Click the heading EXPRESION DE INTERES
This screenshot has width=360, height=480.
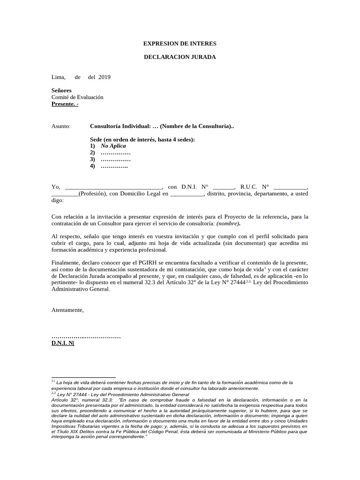pos(180,44)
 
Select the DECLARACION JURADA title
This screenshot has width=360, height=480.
pos(180,57)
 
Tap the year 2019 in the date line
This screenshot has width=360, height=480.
pos(105,77)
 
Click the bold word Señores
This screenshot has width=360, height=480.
pos(61,90)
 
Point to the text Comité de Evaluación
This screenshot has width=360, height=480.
pos(77,97)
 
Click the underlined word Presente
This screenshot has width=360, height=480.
pos(63,104)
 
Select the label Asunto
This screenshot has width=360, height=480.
pos(61,126)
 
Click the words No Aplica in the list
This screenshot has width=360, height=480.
pos(113,146)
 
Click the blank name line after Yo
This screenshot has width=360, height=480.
pos(113,187)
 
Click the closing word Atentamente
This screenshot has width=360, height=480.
pos(67,310)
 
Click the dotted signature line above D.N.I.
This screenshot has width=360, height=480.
pos(86,337)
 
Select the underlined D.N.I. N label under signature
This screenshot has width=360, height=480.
pos(62,343)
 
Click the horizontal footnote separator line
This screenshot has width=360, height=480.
pos(83,377)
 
